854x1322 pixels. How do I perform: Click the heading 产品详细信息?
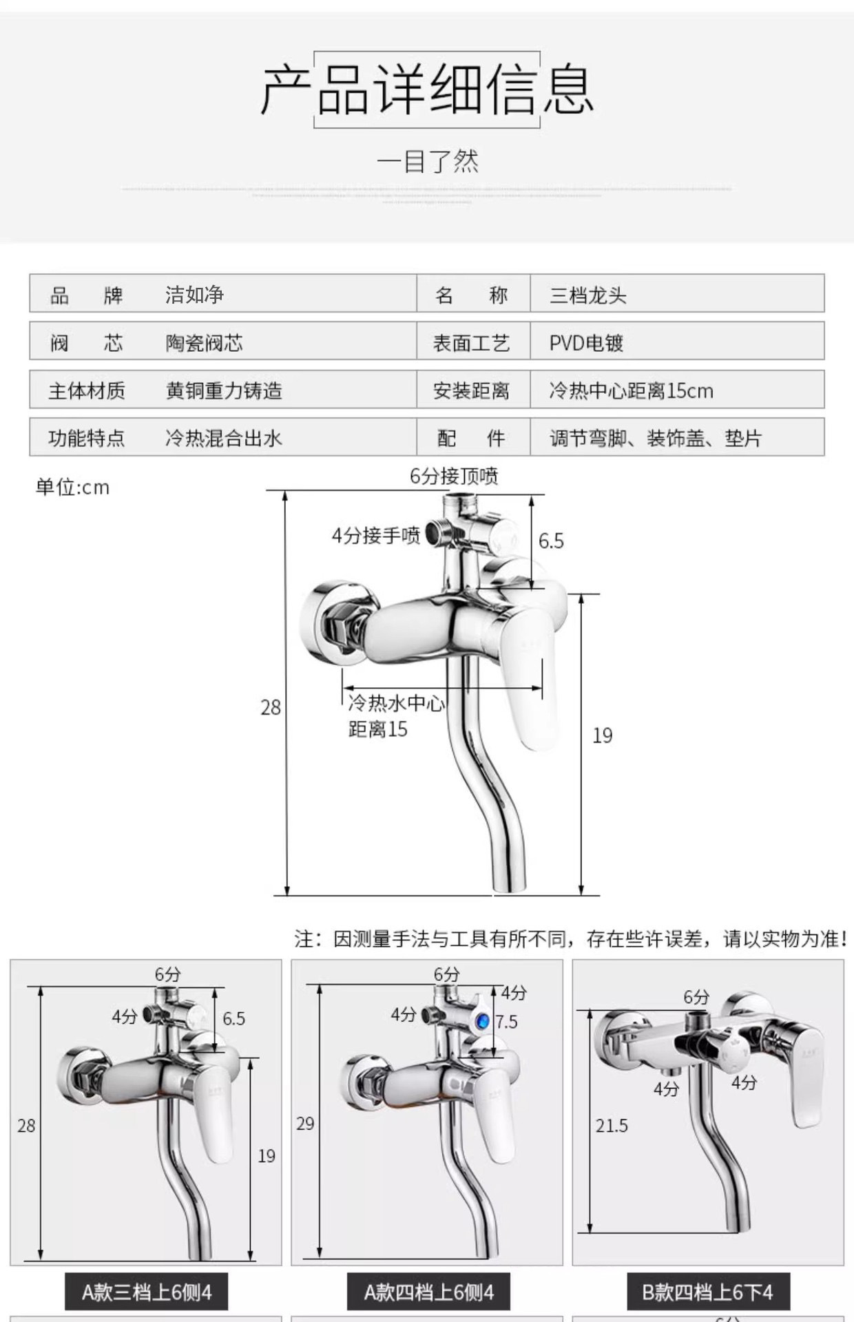coord(426,90)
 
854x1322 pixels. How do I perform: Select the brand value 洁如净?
coord(194,295)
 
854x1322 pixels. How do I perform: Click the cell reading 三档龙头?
coord(587,295)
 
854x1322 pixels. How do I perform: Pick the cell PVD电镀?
coord(586,343)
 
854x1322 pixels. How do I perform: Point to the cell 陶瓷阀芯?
coord(204,343)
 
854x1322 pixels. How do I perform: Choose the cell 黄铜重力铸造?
coord(224,390)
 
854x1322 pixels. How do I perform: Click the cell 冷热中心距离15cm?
coord(631,390)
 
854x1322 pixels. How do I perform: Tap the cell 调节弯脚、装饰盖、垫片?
coord(655,438)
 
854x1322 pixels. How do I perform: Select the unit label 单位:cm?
coord(72,487)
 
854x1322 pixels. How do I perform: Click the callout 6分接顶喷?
coord(454,476)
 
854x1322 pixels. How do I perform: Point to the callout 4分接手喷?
coord(376,535)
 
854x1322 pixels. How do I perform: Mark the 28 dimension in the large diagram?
coord(271,707)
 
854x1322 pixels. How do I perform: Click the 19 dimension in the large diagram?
coord(603,735)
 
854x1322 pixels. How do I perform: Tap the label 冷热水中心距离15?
coord(395,716)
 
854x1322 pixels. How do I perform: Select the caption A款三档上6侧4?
coord(146,1292)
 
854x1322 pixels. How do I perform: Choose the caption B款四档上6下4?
coord(707,1292)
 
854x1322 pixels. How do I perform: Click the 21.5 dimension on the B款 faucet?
coord(612,1126)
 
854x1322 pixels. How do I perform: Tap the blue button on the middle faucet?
coord(483,1020)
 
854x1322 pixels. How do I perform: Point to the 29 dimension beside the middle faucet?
coord(305,1124)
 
